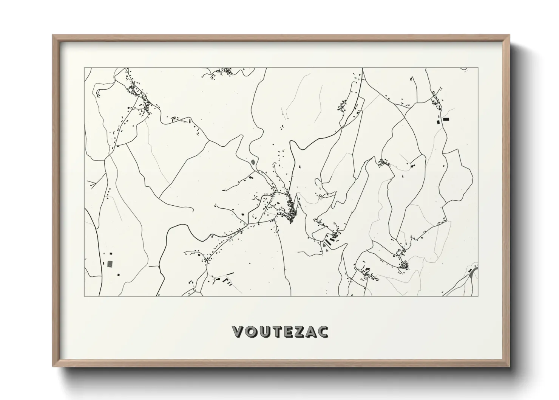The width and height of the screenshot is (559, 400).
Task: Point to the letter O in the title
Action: click(250, 332)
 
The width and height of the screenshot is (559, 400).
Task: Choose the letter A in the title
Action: click(310, 332)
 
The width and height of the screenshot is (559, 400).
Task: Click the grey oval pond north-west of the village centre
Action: click(252, 163)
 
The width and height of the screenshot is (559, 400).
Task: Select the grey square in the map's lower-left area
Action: click(110, 264)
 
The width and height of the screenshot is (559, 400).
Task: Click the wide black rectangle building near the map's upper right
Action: click(446, 119)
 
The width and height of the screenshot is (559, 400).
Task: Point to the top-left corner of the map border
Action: click(84, 68)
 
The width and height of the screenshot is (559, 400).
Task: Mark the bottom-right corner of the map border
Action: click(478, 296)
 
